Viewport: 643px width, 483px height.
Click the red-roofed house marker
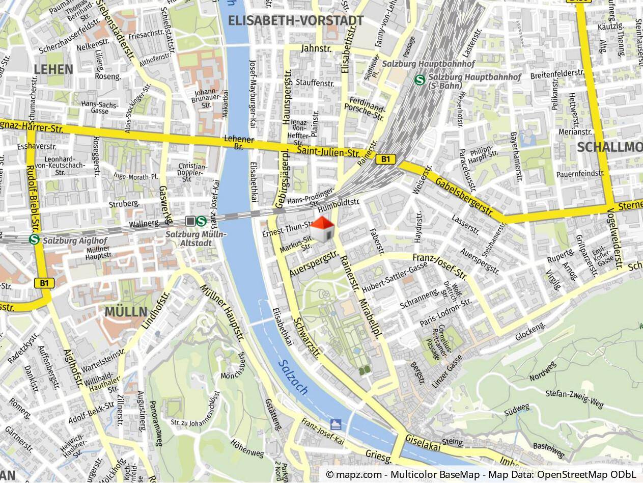point(322,229)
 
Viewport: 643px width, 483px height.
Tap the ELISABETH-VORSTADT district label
point(296,20)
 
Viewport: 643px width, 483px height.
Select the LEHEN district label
point(53,69)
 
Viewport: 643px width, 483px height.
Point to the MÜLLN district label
point(126,311)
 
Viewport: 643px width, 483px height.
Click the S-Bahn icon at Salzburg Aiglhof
point(35,239)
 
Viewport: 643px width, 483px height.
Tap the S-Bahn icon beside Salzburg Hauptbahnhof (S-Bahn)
point(420,79)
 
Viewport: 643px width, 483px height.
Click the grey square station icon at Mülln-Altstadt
point(190,221)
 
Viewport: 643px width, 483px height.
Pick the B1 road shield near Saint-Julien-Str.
point(385,159)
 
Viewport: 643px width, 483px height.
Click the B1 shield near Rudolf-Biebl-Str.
point(44,282)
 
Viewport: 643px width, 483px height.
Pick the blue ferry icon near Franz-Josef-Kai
point(336,424)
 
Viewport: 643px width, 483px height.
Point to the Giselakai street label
point(422,442)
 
